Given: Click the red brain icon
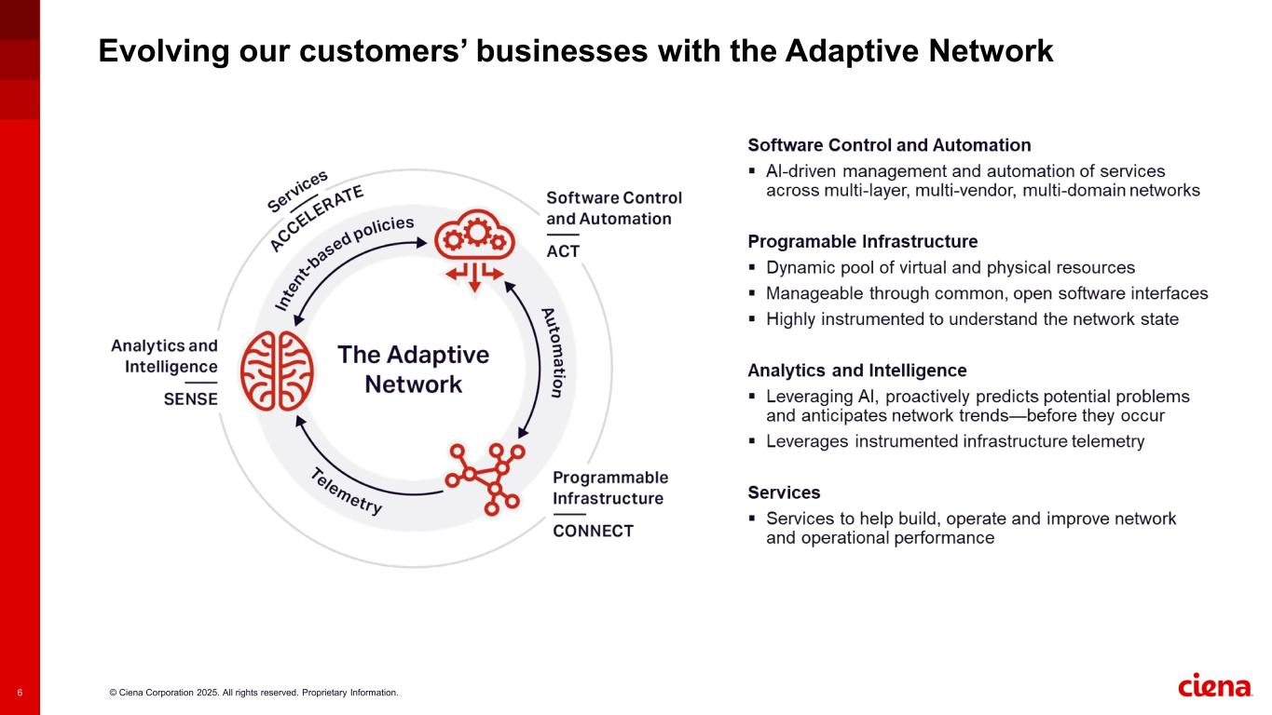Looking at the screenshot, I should [277, 371].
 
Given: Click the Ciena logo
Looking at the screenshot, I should [1215, 686].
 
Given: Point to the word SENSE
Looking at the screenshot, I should [190, 399].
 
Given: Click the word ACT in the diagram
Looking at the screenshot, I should [563, 251].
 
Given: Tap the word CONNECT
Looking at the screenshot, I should [593, 532].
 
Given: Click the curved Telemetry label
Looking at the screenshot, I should [346, 491].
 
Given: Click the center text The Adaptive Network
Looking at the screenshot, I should [413, 370].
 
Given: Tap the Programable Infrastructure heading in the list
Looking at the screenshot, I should [862, 242].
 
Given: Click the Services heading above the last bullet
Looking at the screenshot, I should [784, 492].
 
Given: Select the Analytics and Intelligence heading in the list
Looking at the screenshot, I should [856, 371].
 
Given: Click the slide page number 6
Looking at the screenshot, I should [20, 693].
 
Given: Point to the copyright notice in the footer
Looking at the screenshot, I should [253, 693].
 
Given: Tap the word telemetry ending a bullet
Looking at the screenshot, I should [1108, 442].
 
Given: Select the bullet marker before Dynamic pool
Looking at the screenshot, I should [753, 268].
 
